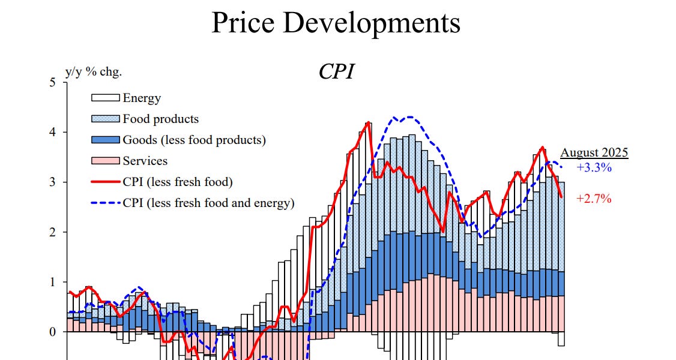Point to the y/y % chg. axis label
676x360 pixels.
point(93,71)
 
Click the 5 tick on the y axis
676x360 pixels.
point(52,82)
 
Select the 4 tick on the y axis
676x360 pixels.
point(52,132)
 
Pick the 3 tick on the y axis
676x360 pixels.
point(52,182)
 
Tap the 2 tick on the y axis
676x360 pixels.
point(52,232)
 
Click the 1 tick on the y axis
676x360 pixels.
point(52,281)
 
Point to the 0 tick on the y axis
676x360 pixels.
point(52,331)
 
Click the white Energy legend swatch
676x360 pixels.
point(105,98)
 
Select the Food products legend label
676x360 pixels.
point(160,119)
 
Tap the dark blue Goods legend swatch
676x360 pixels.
point(105,140)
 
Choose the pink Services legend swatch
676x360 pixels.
point(105,161)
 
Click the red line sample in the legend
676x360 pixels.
point(105,182)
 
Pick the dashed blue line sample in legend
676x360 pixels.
point(105,203)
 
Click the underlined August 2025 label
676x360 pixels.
point(594,152)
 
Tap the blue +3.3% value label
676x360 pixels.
point(594,168)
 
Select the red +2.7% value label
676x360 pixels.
point(594,199)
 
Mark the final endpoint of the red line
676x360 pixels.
point(561,197)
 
